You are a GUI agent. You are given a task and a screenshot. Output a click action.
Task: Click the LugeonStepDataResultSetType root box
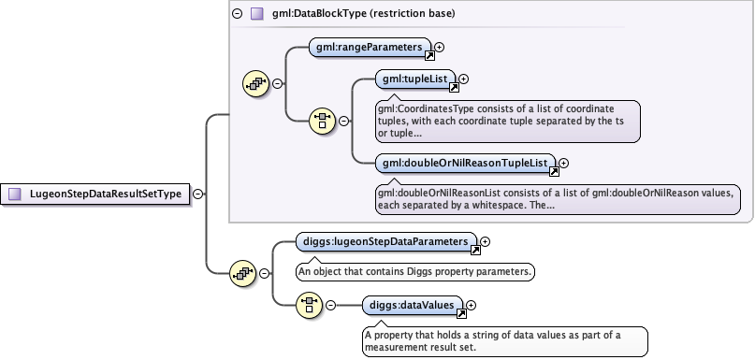pos(97,194)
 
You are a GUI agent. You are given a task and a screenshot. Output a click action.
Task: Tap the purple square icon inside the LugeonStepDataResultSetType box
pos(15,194)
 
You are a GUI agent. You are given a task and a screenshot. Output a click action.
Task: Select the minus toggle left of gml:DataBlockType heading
pos(237,14)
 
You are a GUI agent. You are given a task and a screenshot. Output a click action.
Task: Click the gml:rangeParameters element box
pos(369,47)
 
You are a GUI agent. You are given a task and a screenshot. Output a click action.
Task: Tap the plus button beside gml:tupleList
pos(463,80)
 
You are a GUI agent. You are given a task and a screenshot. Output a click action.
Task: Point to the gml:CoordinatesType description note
pos(506,122)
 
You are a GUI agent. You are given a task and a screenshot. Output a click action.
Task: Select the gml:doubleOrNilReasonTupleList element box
pos(464,164)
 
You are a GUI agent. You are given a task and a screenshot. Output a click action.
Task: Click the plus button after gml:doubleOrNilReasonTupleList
pos(563,164)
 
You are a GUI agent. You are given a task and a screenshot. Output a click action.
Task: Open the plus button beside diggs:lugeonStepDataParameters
pos(486,242)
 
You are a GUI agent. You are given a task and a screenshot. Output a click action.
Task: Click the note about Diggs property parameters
pos(415,272)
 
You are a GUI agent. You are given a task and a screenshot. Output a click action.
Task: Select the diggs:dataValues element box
pos(413,305)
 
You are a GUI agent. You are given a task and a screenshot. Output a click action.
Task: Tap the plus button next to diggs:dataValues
pos(472,305)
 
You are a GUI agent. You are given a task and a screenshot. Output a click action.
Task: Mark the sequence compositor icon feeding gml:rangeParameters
pos(255,83)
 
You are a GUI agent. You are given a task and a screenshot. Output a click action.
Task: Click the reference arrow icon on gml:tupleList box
pos(455,88)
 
